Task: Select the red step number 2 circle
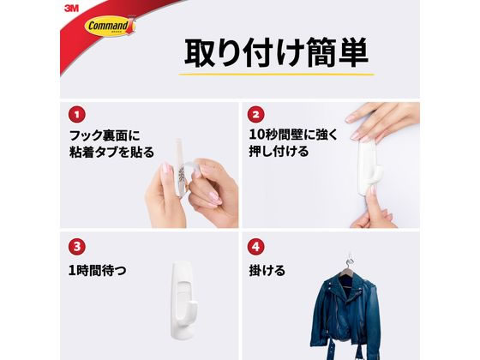pyautogui.click(x=255, y=113)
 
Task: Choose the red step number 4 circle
pyautogui.click(x=255, y=247)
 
